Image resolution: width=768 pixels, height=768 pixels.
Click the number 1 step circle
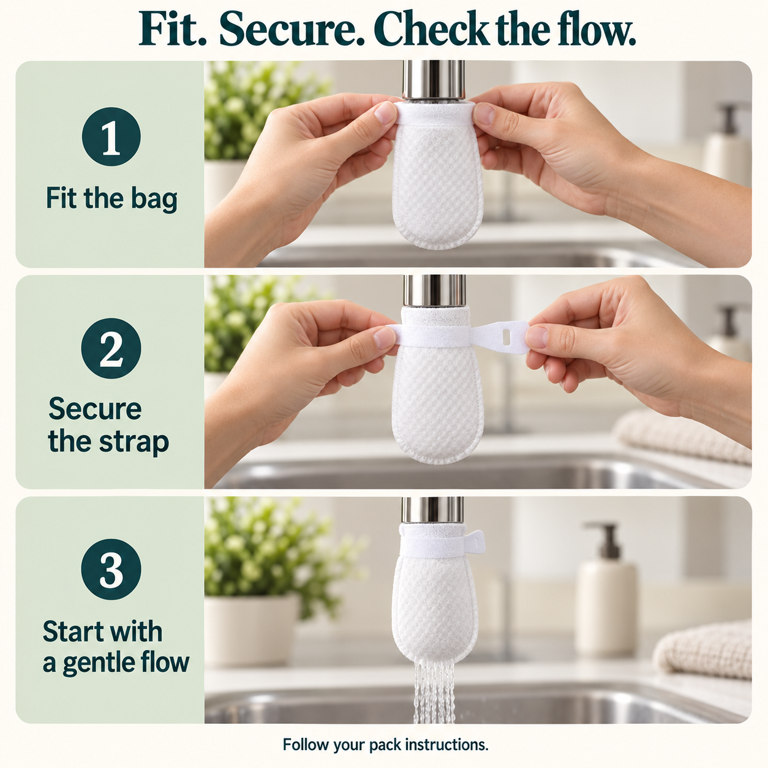pyautogui.click(x=111, y=137)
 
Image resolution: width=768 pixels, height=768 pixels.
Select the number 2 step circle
pyautogui.click(x=111, y=348)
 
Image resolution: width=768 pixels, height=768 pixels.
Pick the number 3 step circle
pyautogui.click(x=111, y=570)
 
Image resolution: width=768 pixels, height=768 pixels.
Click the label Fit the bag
pyautogui.click(x=111, y=199)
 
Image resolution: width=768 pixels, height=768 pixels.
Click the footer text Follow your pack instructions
pyautogui.click(x=385, y=745)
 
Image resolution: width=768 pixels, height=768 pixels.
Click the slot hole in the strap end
pyautogui.click(x=506, y=336)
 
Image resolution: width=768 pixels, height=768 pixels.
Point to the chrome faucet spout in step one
pyautogui.click(x=434, y=80)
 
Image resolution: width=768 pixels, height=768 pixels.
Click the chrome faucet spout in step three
pyautogui.click(x=433, y=511)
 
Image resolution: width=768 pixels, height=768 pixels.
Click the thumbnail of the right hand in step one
pyautogui.click(x=484, y=113)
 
